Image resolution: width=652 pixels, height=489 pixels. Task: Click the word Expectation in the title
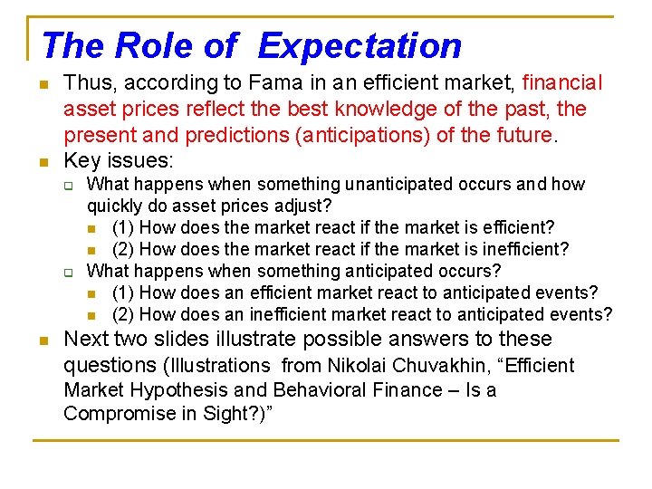[x=360, y=45]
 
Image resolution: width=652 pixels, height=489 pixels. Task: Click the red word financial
[x=562, y=83]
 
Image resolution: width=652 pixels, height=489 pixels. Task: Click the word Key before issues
[x=82, y=162]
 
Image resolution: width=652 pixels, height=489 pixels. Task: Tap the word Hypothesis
[x=178, y=390]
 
